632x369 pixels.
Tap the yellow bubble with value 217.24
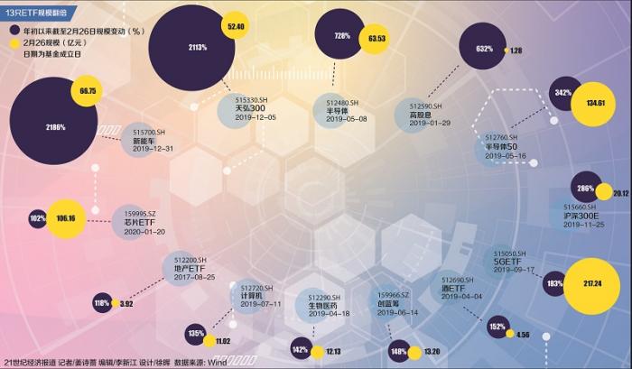[592, 283]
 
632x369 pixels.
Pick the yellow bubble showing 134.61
[594, 103]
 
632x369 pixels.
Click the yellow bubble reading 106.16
[66, 218]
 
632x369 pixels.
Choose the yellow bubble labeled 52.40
[237, 27]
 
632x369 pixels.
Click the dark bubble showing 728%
[342, 36]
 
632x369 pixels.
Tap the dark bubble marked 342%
[562, 94]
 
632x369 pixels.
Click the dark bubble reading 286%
[585, 189]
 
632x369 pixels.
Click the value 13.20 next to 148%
[432, 351]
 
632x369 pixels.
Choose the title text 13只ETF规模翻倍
[37, 6]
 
